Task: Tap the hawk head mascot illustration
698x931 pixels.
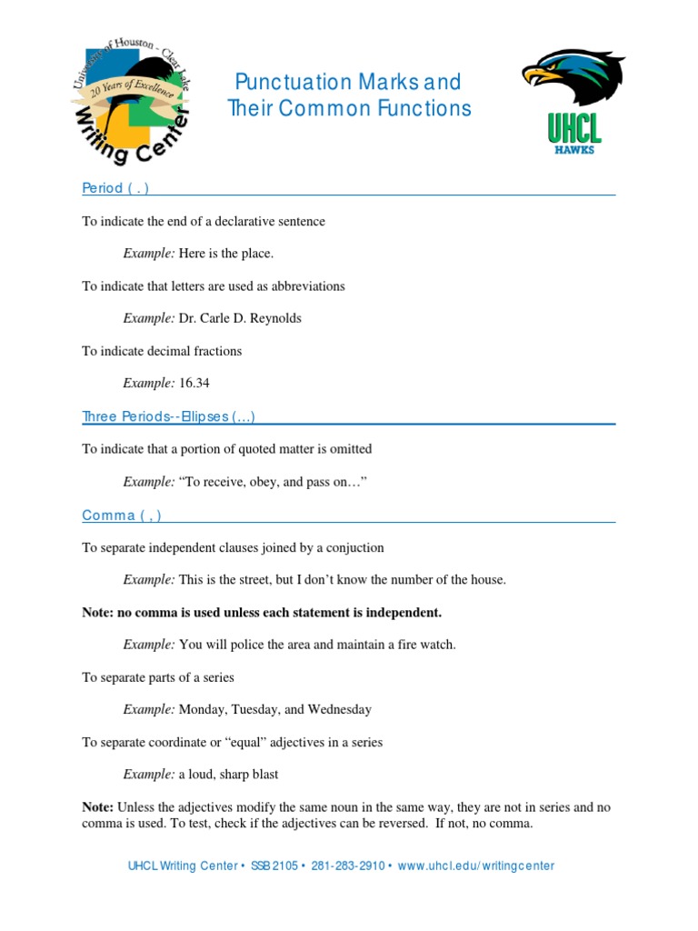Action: click(573, 76)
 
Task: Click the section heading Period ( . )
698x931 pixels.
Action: click(115, 188)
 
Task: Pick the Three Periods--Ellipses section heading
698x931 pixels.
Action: click(168, 417)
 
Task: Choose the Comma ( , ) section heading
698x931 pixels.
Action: click(122, 516)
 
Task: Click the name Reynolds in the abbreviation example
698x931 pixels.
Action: click(274, 318)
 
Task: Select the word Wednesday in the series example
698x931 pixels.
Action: click(339, 709)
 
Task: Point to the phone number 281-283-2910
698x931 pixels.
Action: click(348, 866)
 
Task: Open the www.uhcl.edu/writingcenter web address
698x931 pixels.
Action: click(476, 866)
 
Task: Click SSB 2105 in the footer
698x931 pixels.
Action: click(274, 866)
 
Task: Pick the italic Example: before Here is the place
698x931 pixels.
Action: click(149, 254)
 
